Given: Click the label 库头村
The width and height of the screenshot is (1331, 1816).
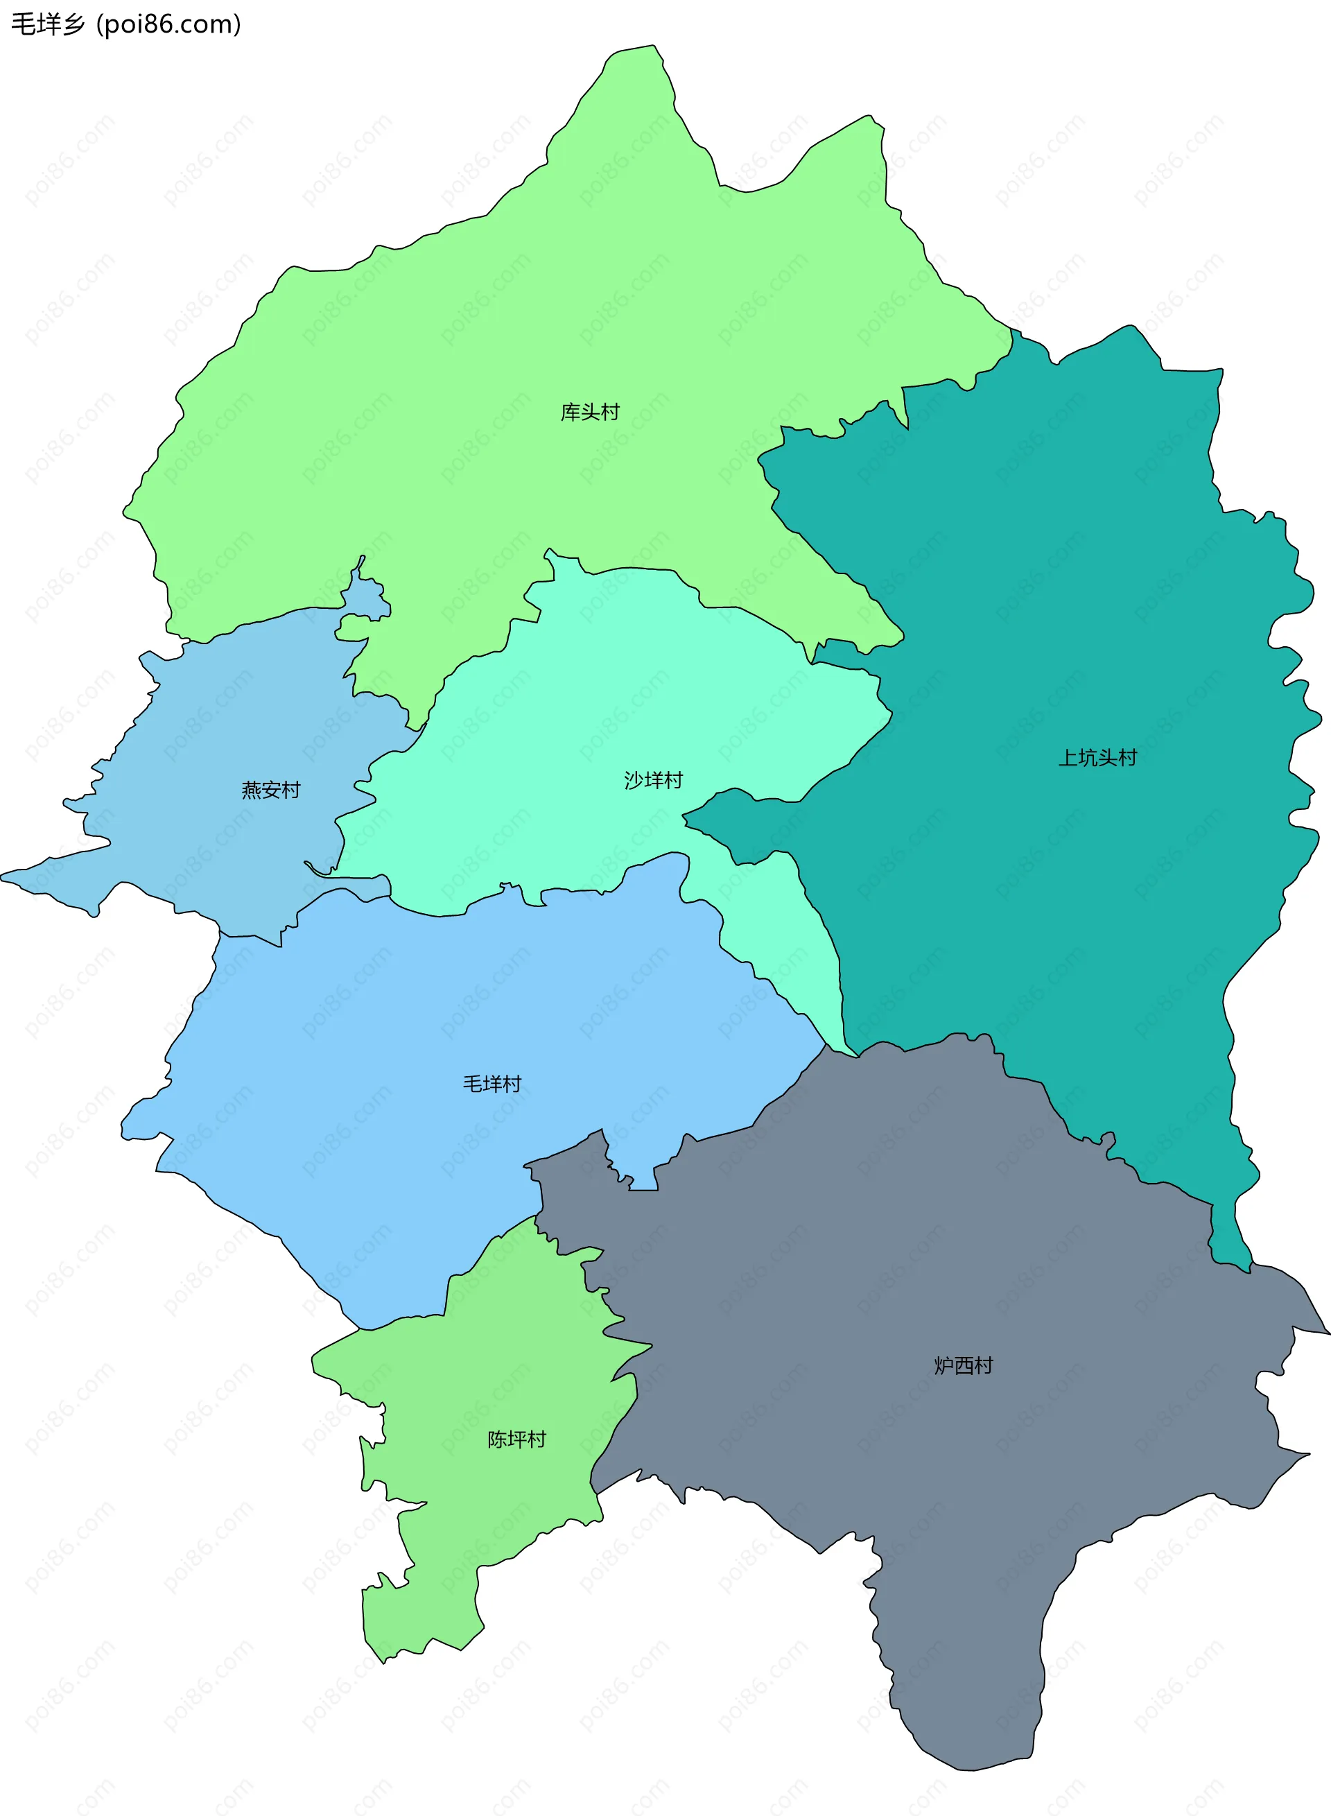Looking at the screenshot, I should [590, 413].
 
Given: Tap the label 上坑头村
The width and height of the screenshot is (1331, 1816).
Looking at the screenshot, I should [1097, 758].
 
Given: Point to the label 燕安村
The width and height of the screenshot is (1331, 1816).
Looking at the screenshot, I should [271, 790].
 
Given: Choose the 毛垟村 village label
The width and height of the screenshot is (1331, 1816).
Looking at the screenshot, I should [491, 1084].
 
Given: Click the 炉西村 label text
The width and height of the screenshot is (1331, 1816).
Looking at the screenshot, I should [964, 1365].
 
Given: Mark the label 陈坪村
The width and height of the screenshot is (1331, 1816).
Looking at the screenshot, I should [516, 1439].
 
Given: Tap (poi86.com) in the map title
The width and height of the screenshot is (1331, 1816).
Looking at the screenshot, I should [169, 25].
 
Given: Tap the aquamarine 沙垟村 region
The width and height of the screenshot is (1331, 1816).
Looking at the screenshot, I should [564, 725].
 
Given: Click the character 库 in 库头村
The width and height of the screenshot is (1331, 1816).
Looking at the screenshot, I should [571, 413].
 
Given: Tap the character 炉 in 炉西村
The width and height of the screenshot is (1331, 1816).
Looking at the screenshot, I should [944, 1365].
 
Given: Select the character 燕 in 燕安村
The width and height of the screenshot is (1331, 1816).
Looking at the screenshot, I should [252, 790].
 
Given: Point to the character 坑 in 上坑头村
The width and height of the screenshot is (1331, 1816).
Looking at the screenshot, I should [1088, 758].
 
